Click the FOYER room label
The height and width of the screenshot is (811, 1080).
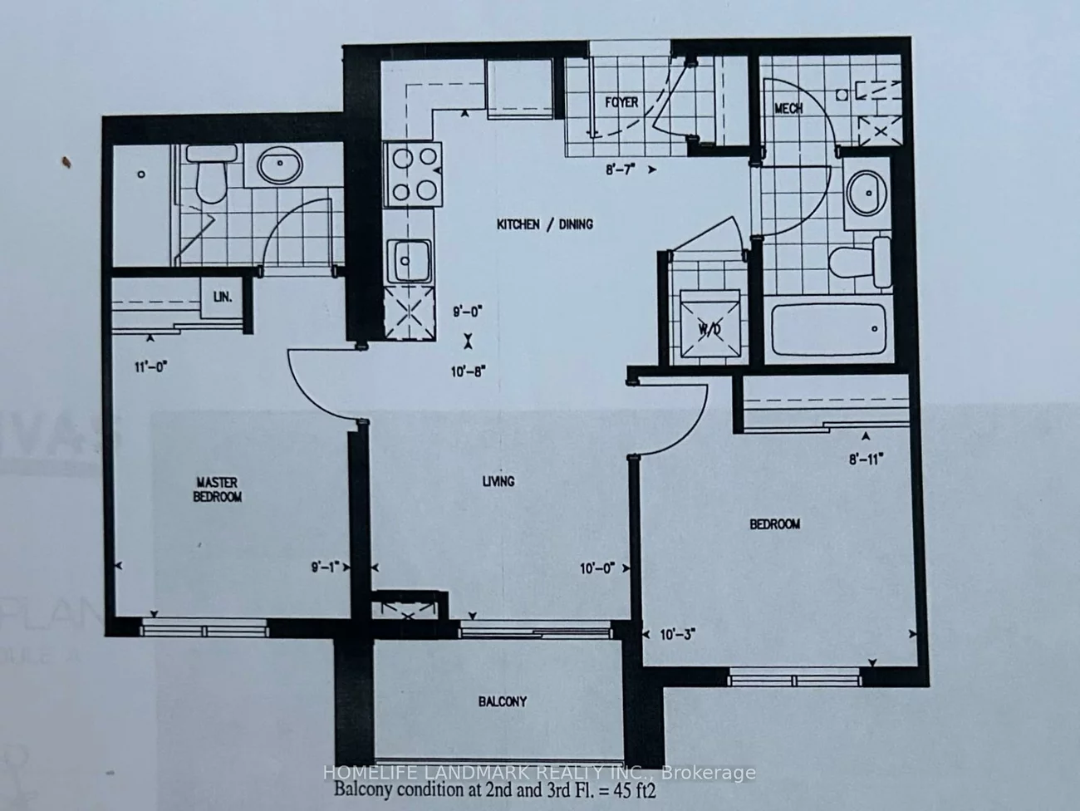pyautogui.click(x=621, y=102)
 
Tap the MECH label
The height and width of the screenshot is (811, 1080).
pyautogui.click(x=788, y=108)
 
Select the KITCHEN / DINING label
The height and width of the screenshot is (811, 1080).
pyautogui.click(x=544, y=224)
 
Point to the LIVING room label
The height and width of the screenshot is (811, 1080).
pyautogui.click(x=498, y=481)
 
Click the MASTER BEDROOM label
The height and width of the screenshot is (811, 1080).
pyautogui.click(x=218, y=489)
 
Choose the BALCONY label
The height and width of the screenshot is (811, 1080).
pyautogui.click(x=502, y=701)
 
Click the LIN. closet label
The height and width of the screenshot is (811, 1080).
pyautogui.click(x=222, y=296)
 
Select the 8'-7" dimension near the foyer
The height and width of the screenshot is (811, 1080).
pyautogui.click(x=621, y=170)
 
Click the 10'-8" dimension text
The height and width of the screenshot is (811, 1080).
pyautogui.click(x=468, y=372)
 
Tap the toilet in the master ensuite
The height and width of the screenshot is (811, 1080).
pyautogui.click(x=206, y=174)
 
